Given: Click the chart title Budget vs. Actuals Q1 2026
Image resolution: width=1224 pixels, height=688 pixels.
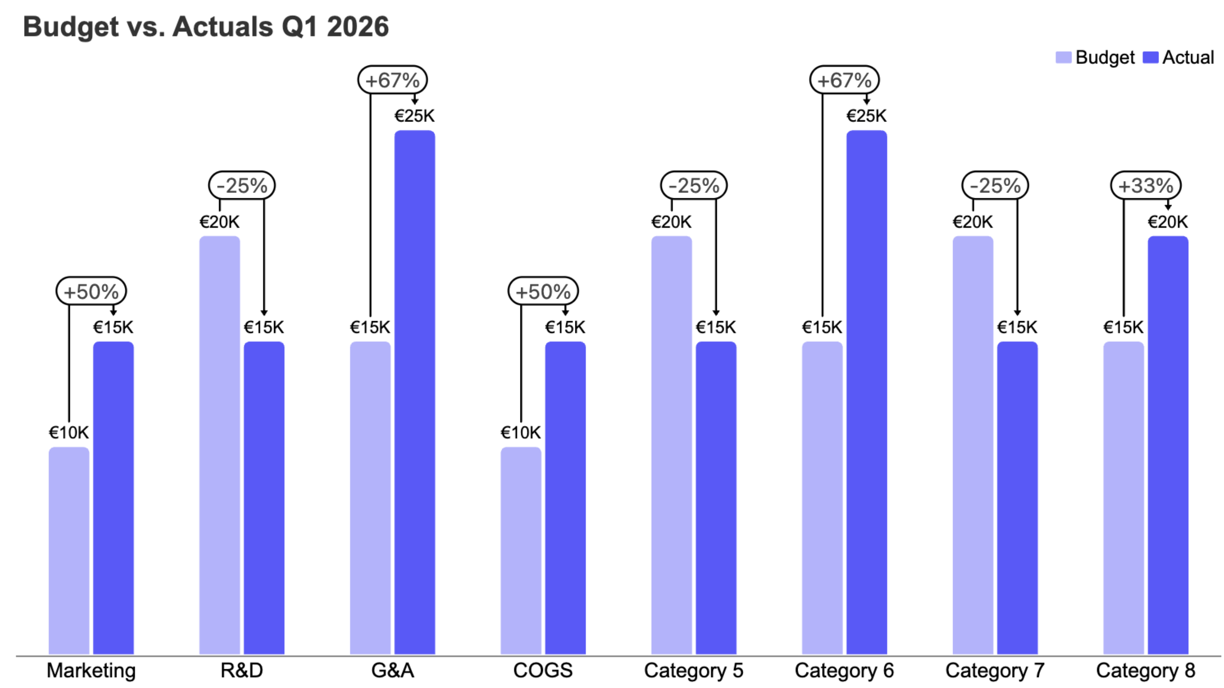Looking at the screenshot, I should pyautogui.click(x=206, y=27).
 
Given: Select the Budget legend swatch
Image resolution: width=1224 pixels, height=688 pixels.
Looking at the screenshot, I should pyautogui.click(x=1063, y=57).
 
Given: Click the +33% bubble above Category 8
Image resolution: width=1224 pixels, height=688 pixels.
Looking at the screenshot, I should pyautogui.click(x=1145, y=185).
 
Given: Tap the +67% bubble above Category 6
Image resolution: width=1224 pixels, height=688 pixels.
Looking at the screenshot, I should pyautogui.click(x=844, y=80).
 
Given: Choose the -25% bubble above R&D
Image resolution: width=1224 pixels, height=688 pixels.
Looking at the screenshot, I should pyautogui.click(x=242, y=185).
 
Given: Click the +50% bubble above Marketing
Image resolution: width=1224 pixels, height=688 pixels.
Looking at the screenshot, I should pyautogui.click(x=91, y=291).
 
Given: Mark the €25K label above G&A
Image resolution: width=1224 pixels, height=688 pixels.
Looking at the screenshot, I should pyautogui.click(x=414, y=116).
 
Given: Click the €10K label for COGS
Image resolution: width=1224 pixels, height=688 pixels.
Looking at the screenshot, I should pyautogui.click(x=520, y=433).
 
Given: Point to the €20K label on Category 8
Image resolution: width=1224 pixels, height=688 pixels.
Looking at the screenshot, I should pyautogui.click(x=1167, y=222).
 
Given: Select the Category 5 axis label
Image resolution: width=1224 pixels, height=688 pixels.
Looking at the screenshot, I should pyautogui.click(x=693, y=671).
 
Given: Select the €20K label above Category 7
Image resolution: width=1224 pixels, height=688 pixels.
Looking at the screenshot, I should pyautogui.click(x=973, y=222).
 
